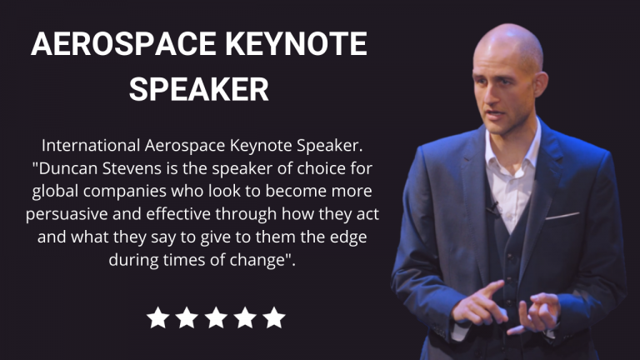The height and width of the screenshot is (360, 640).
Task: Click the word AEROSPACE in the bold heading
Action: (123, 43)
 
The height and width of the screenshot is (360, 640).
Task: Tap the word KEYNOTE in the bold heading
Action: (297, 43)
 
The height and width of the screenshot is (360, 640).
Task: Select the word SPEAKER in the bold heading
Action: (199, 89)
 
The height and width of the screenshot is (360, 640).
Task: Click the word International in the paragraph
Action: (91, 145)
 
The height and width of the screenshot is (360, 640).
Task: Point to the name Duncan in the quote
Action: (68, 168)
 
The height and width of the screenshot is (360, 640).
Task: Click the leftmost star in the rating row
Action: (158, 317)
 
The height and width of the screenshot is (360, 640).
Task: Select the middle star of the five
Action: (216, 317)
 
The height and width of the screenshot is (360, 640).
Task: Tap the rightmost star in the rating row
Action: (274, 317)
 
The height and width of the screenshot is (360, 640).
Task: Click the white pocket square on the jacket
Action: (562, 216)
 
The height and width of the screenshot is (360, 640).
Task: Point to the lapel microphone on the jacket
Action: (493, 208)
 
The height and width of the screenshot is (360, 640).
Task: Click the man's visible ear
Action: (540, 83)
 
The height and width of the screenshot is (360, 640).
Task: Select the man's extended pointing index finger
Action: (487, 291)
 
